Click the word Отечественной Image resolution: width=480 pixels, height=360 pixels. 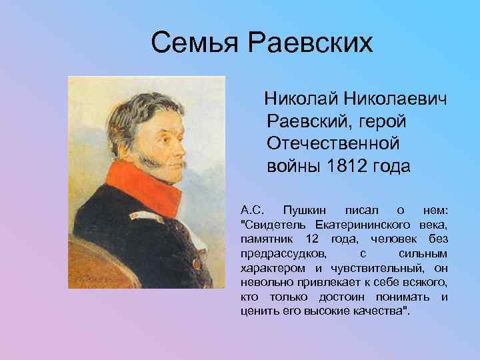click(x=333, y=144)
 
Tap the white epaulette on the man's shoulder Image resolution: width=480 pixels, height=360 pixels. click(x=137, y=217)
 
